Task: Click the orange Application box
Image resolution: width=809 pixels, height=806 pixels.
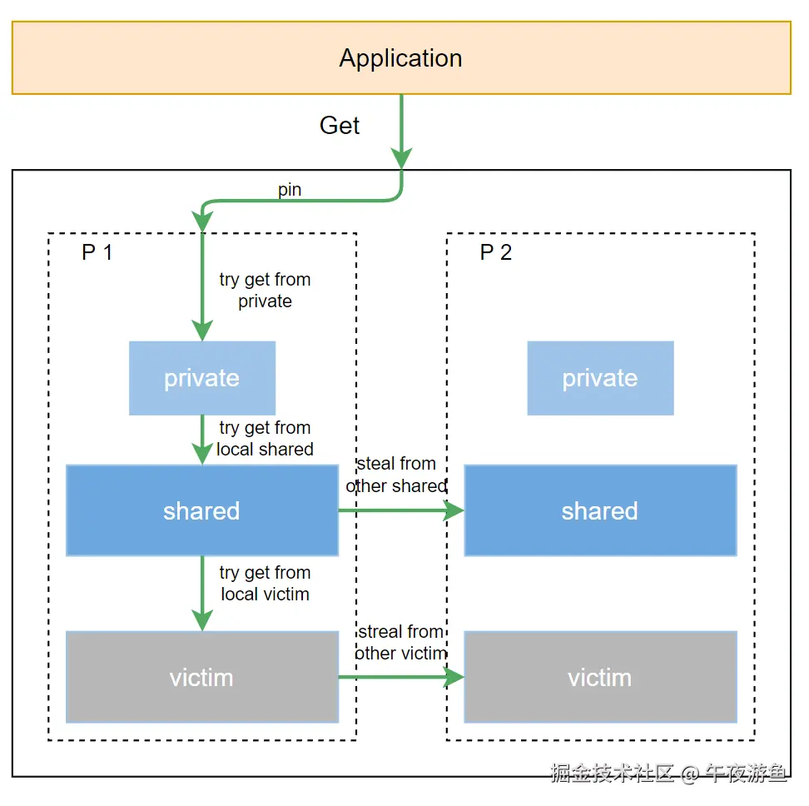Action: pos(400,58)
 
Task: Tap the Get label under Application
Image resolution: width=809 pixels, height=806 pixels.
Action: pos(340,126)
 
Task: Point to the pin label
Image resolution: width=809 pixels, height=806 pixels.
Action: pos(290,190)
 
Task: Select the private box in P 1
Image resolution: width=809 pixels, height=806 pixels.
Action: pos(202,378)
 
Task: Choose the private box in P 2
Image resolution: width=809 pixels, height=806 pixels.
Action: pos(600,378)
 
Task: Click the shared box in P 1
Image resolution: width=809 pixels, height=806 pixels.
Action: pos(202,510)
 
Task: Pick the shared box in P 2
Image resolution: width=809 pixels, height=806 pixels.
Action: pos(600,510)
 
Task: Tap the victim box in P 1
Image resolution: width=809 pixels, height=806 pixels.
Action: pos(202,677)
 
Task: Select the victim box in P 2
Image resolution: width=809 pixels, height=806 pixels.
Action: pos(600,677)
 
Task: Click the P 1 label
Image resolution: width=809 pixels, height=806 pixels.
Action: pos(97,252)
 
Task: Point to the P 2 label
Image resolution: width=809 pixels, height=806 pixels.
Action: pos(496,252)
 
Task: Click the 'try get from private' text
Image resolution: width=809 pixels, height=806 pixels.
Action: pos(265,291)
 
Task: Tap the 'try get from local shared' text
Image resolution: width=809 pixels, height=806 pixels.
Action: pos(265,439)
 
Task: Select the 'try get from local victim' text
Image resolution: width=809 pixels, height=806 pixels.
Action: pos(265,584)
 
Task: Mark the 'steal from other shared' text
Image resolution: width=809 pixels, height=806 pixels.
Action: pos(396,475)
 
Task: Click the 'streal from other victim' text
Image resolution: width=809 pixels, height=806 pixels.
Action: pos(400,643)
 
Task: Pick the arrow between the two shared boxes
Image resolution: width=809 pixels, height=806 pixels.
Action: pos(400,510)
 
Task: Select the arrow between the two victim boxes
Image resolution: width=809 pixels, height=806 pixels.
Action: pos(400,677)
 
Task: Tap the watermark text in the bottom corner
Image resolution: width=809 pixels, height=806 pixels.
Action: pos(668,774)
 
